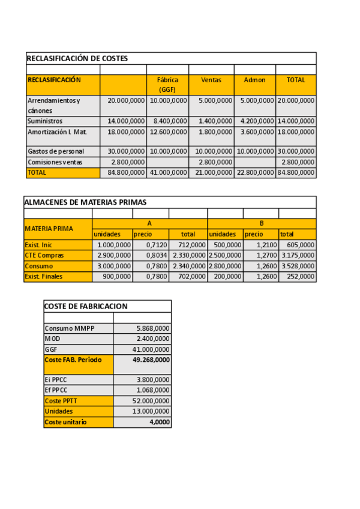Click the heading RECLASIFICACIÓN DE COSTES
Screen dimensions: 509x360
click(x=77, y=58)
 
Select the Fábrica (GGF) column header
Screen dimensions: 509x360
click(x=167, y=84)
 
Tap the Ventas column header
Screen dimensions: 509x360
click(x=211, y=80)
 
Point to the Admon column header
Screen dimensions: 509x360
click(x=255, y=80)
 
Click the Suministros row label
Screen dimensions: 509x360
click(x=45, y=121)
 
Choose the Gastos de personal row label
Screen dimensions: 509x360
click(x=56, y=151)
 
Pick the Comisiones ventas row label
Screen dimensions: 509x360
click(x=55, y=162)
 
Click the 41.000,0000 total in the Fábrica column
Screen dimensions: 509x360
click(x=168, y=173)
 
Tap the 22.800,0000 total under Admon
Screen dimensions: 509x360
click(x=255, y=173)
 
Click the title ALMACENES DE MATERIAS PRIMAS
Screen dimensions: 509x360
click(x=85, y=202)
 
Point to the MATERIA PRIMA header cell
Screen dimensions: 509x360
click(x=49, y=228)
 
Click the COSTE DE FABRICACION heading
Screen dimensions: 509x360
click(x=86, y=306)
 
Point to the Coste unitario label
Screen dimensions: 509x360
click(x=65, y=422)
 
